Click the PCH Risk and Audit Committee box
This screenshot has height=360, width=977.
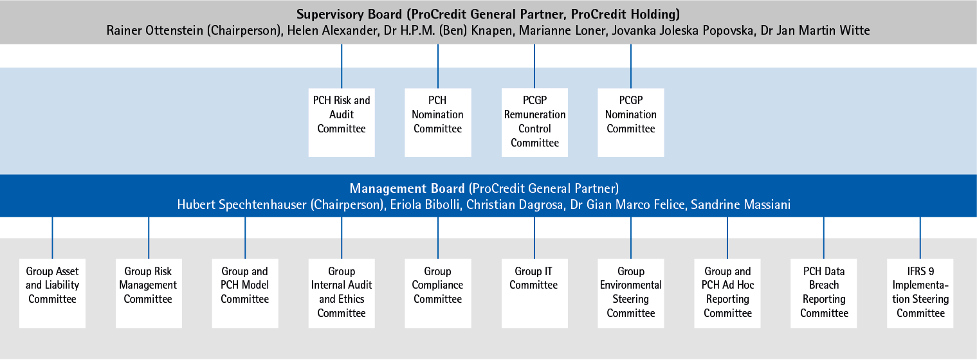[x=342, y=123]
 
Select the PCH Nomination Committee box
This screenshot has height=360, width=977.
[x=438, y=123]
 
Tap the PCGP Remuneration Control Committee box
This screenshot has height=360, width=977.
[x=534, y=123]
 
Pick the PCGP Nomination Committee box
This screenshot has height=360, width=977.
[x=631, y=123]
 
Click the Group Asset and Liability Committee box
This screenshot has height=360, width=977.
[x=52, y=293]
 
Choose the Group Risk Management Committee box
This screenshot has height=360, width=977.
[x=149, y=293]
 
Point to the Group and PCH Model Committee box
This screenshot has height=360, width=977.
[x=245, y=293]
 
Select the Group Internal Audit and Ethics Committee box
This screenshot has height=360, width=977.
[x=342, y=293]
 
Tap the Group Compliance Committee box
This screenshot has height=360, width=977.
[x=438, y=293]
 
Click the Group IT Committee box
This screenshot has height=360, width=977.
[x=534, y=293]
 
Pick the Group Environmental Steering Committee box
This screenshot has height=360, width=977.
[x=631, y=293]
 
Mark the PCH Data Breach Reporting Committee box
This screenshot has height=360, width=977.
[x=823, y=293]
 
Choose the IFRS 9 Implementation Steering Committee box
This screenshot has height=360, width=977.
[x=920, y=293]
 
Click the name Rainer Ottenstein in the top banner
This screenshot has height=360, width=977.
[x=155, y=30]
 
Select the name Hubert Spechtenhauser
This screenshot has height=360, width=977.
[x=242, y=205]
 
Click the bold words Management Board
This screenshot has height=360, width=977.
[x=407, y=188]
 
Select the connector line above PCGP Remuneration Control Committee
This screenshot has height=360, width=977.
[x=534, y=66]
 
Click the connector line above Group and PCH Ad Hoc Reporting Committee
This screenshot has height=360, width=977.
[x=727, y=238]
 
